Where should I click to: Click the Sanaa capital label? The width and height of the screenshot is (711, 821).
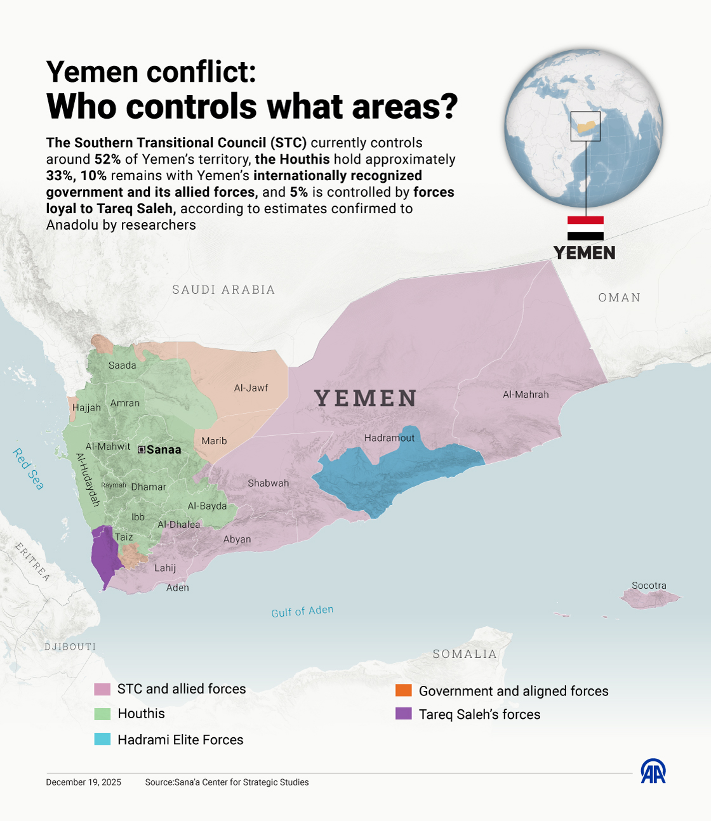click(x=164, y=450)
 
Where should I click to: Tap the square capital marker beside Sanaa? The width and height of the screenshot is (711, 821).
click(x=142, y=450)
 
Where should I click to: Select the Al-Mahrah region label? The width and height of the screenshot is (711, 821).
click(x=526, y=395)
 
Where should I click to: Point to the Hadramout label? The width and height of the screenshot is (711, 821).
click(x=389, y=438)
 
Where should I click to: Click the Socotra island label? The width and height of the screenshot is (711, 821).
click(x=649, y=586)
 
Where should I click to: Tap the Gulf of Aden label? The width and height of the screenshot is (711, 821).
click(x=302, y=611)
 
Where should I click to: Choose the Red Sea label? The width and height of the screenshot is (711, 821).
click(x=29, y=470)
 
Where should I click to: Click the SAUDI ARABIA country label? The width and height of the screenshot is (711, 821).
click(x=223, y=290)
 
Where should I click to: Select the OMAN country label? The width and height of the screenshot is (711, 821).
click(x=619, y=298)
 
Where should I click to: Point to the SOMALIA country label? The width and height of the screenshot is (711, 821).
click(x=465, y=654)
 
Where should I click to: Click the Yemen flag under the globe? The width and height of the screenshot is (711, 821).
click(x=585, y=228)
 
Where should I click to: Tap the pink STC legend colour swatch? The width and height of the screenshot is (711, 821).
click(x=102, y=689)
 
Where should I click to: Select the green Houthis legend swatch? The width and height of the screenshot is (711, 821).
click(x=102, y=714)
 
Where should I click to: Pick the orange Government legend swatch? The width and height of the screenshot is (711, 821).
click(x=403, y=690)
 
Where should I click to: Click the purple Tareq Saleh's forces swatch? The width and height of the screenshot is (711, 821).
click(x=403, y=714)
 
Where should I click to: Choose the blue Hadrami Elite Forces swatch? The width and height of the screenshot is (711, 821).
click(x=102, y=739)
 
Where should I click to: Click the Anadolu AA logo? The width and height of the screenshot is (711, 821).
click(x=653, y=772)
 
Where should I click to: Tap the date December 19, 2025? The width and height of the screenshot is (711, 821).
click(x=83, y=782)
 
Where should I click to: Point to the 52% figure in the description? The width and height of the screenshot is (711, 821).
click(x=107, y=159)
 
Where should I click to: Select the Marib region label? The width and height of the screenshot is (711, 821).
click(x=214, y=441)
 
